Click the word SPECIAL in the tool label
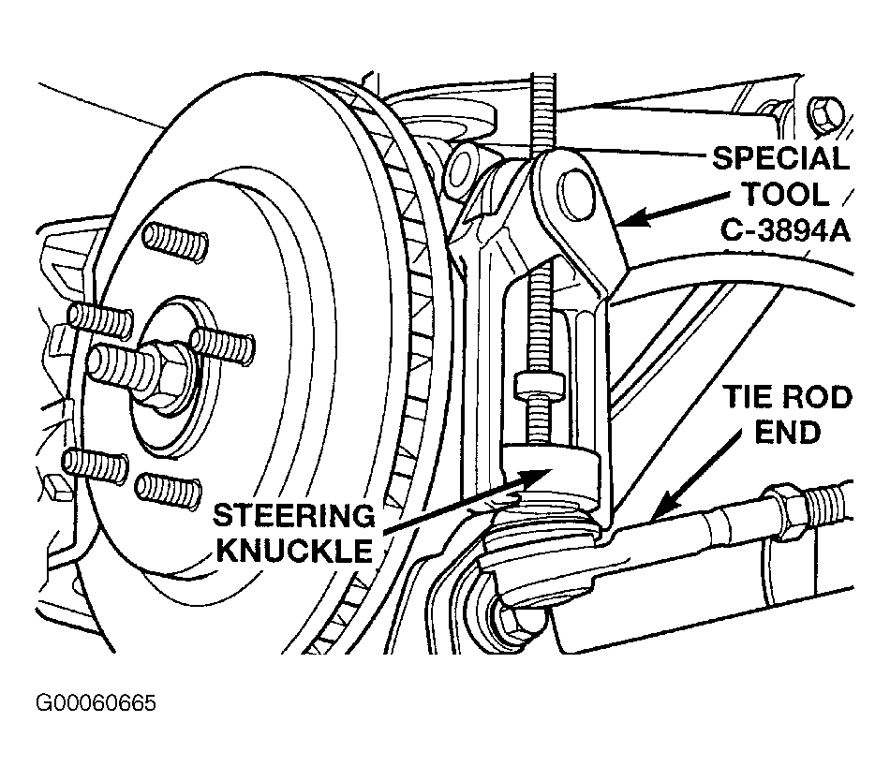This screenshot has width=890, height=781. coord(780,158)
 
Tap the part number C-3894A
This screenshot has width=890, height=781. coord(786,231)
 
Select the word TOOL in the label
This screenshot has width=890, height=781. coord(786,195)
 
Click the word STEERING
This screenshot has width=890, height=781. coord(294,516)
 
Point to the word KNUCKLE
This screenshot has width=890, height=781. coord(295,550)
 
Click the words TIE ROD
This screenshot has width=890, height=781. coord(787,397)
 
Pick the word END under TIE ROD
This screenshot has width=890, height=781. coord(787,433)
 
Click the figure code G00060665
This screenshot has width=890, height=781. coord(96,703)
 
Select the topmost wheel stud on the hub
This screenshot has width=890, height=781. coord(175,241)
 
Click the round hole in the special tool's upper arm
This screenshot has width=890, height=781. coord(575,194)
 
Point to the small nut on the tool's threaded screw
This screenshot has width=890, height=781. coord(540,385)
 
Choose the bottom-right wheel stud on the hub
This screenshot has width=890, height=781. coord(169,490)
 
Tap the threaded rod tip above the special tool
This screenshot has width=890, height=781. coord(543,77)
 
